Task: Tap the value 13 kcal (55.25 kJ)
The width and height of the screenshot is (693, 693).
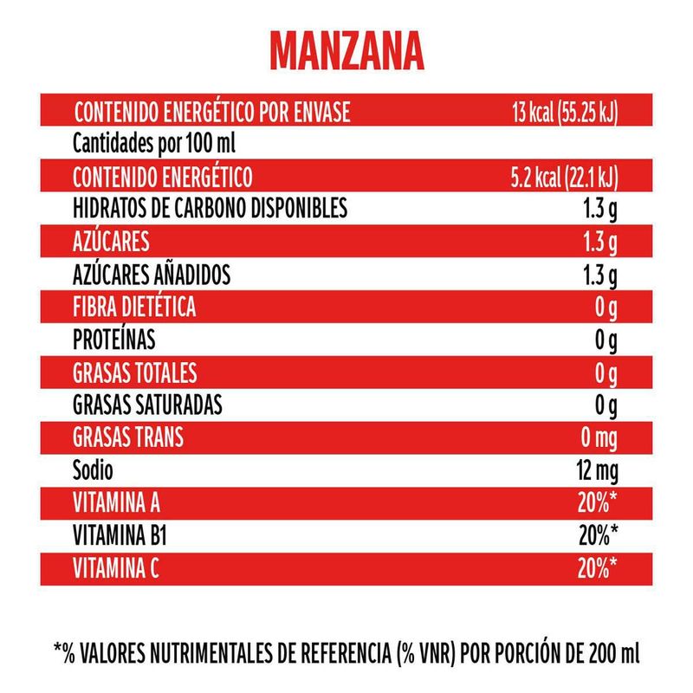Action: (x=564, y=113)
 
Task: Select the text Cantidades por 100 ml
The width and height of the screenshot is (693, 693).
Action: (x=154, y=143)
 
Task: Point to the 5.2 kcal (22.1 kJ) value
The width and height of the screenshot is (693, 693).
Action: (x=564, y=178)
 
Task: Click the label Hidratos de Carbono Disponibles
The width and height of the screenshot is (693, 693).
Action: (x=210, y=208)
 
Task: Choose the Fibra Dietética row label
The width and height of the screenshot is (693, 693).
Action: (x=133, y=308)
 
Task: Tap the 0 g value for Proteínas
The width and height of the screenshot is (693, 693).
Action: (x=605, y=340)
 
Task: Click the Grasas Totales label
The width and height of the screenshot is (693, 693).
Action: (x=135, y=373)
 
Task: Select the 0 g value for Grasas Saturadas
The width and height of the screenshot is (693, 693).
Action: (x=605, y=405)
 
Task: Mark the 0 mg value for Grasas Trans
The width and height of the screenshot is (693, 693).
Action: (x=598, y=438)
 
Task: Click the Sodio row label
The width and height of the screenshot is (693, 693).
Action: (x=94, y=470)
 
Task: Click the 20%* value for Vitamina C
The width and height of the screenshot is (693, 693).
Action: (x=598, y=568)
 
